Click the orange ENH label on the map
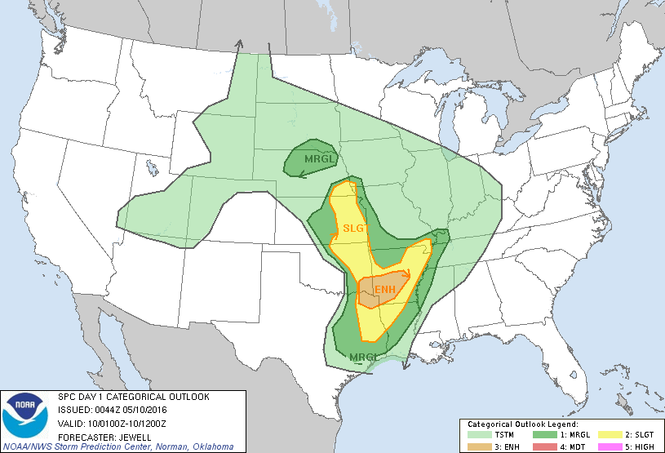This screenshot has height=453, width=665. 385,290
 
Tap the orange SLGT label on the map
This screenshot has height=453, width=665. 353,229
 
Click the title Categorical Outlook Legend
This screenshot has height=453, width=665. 522,425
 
